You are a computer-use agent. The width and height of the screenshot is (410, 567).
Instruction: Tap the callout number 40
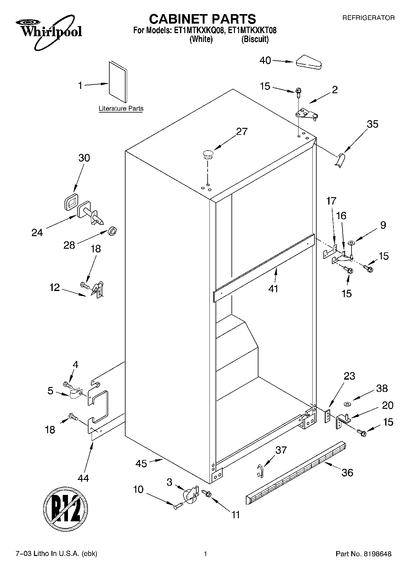265,60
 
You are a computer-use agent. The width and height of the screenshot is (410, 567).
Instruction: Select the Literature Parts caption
121,109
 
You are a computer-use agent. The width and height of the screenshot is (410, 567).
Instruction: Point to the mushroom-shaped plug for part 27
208,154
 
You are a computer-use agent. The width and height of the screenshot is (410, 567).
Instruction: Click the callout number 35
372,124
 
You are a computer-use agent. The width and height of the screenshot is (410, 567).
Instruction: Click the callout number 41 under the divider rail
273,289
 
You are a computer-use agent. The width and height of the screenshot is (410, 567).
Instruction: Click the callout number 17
331,201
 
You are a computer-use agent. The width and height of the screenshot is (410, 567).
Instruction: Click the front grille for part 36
295,472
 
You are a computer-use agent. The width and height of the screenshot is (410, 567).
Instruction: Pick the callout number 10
138,489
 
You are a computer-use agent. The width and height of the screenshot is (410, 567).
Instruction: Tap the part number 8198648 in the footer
377,554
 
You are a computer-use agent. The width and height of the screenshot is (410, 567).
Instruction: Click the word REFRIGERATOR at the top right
368,18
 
